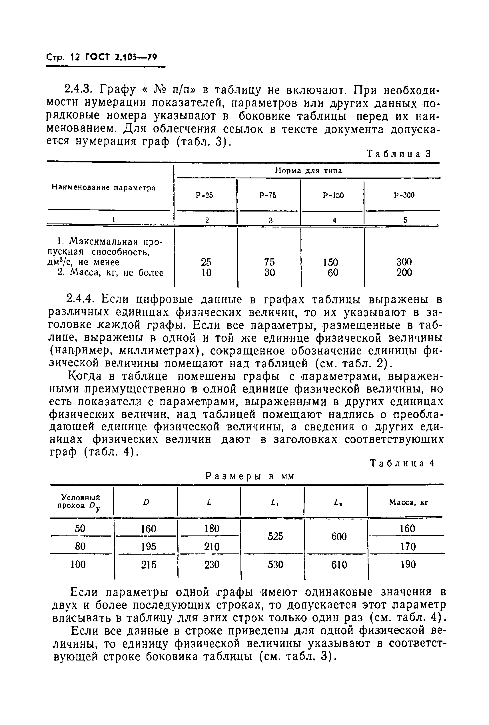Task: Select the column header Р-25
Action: [x=205, y=195]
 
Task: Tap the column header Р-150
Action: [x=333, y=195]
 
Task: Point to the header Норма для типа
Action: [x=308, y=170]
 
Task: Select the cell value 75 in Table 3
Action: [x=269, y=261]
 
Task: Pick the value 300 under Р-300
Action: [x=404, y=261]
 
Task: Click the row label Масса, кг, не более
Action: [x=111, y=273]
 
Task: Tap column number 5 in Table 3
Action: [x=405, y=220]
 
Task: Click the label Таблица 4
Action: [x=402, y=464]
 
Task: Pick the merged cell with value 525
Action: [x=275, y=536]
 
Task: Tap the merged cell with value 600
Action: [x=339, y=537]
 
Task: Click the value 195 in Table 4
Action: [x=149, y=547]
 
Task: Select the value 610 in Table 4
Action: [x=339, y=565]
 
